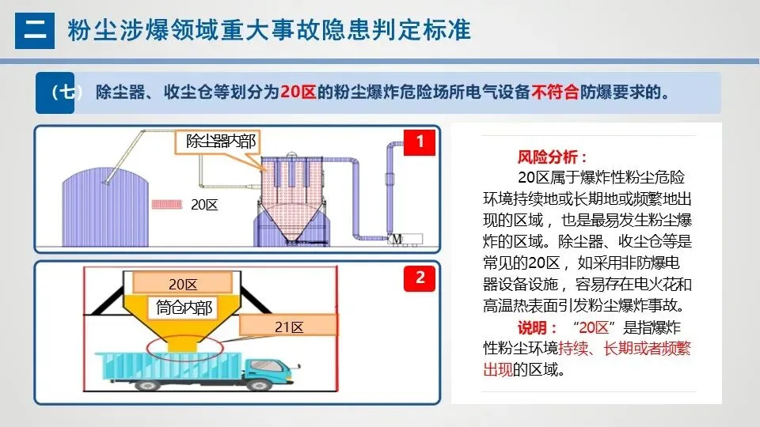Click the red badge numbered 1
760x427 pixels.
(x=420, y=142)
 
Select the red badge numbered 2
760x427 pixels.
(x=420, y=278)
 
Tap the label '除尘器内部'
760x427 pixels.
(x=220, y=141)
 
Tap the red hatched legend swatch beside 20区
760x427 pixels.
(x=167, y=204)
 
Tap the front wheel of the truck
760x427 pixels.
(x=257, y=384)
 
